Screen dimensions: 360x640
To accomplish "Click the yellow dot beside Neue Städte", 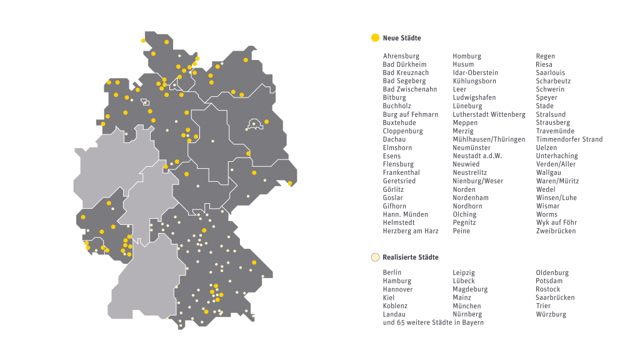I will [x=375, y=38].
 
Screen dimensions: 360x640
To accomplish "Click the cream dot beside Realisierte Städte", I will [x=375, y=257].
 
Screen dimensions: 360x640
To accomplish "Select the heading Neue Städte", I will [x=402, y=38].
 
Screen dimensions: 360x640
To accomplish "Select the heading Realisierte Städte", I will [x=411, y=257].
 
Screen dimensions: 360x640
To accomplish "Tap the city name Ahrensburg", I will [x=401, y=56].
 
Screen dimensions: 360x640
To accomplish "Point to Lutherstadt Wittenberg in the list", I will [x=489, y=114].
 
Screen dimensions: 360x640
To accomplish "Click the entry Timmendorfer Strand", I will [x=569, y=139].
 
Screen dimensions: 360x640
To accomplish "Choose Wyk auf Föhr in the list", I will [x=556, y=222].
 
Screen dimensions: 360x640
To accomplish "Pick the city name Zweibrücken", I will [x=556, y=231].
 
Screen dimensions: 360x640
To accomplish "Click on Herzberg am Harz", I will [x=410, y=231].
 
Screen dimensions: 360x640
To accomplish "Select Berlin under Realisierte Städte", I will [x=392, y=272].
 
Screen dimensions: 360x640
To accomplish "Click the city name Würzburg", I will [x=551, y=314].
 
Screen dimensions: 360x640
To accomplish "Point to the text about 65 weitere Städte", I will [x=433, y=322].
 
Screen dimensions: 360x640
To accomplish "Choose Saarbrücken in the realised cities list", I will [x=555, y=297].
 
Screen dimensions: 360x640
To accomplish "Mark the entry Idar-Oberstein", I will [x=475, y=73].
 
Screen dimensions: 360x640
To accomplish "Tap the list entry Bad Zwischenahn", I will [x=409, y=89].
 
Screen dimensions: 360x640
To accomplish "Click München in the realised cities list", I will [x=466, y=306].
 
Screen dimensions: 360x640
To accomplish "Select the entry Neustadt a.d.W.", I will [x=477, y=156].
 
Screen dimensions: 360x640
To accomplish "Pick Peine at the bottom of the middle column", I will [x=461, y=231].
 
